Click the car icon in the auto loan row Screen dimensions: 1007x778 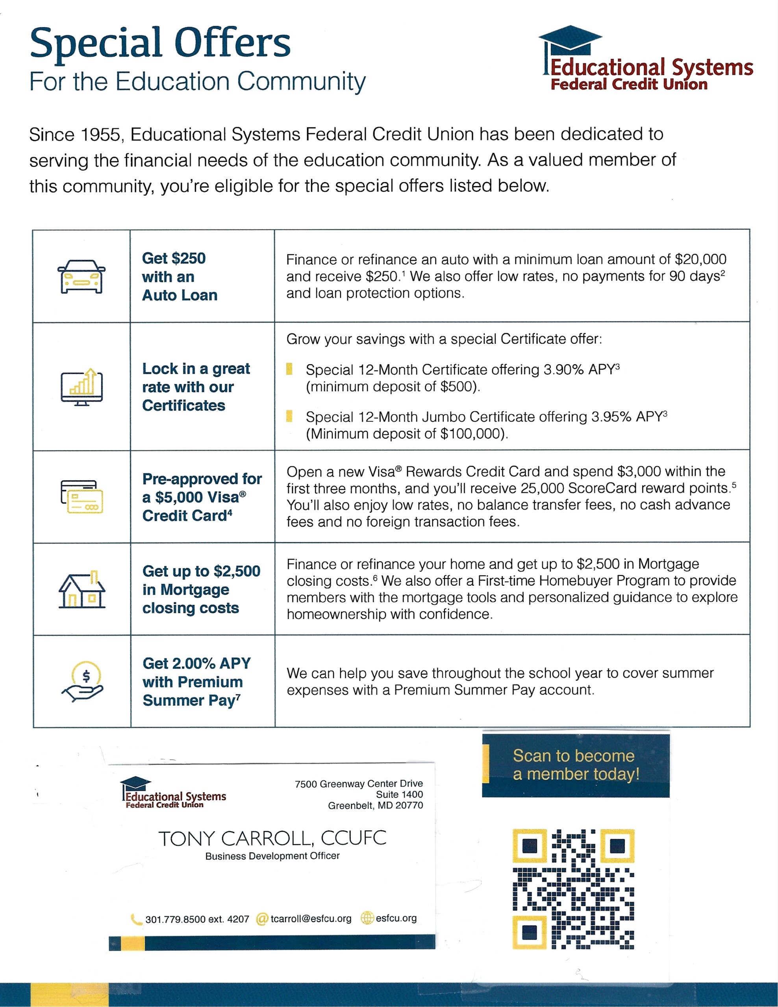[x=82, y=277]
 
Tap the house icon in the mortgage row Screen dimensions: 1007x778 [x=82, y=590]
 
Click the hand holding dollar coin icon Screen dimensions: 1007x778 [x=83, y=681]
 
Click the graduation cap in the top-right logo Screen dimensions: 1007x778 [x=571, y=38]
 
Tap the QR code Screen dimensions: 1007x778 [x=573, y=889]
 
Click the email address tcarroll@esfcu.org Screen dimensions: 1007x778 [x=311, y=918]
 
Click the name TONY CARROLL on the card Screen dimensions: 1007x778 [x=235, y=839]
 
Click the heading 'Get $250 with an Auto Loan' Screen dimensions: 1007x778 [x=180, y=277]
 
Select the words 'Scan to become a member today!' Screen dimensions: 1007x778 [x=576, y=764]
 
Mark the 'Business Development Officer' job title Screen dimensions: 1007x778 [x=272, y=856]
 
